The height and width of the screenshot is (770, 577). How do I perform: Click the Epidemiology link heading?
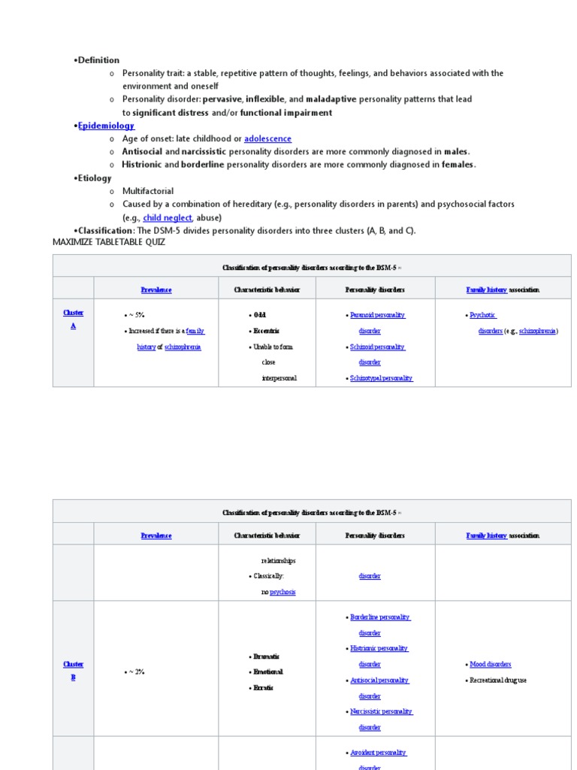[106, 126]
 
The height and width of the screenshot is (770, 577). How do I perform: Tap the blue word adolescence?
[267, 139]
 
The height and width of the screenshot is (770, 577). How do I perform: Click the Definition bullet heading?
[98, 60]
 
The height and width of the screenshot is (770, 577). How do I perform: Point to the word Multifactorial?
[148, 191]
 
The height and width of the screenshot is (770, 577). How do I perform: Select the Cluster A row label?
[73, 320]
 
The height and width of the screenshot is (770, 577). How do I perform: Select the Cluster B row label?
[73, 671]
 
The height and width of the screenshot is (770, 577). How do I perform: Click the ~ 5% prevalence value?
[136, 315]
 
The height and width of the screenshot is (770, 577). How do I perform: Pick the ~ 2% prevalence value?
[136, 671]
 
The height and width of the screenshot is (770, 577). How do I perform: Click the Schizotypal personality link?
[382, 378]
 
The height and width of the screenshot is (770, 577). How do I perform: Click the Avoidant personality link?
[378, 752]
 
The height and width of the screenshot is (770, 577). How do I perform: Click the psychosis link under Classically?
[282, 592]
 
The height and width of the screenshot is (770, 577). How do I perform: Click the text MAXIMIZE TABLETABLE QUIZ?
[109, 242]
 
